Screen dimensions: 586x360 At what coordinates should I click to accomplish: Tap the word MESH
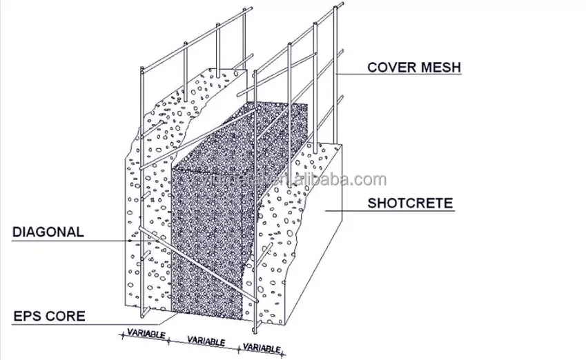[440, 67]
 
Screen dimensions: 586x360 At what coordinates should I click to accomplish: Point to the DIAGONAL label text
[48, 232]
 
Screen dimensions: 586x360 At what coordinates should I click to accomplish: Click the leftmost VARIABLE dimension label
[146, 334]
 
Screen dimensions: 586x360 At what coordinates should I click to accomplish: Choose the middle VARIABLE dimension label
[206, 341]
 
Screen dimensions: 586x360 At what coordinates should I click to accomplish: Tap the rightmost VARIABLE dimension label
[262, 348]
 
